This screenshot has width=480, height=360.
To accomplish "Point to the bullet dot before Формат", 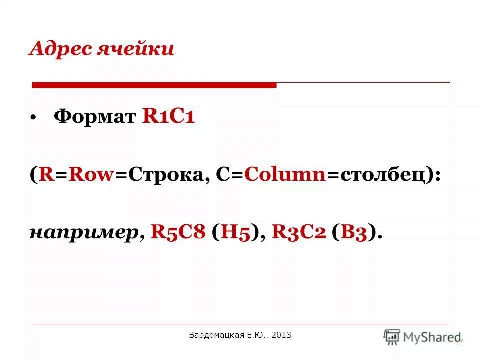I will point(33,118).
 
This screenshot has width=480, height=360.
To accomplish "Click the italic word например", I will point(83,232).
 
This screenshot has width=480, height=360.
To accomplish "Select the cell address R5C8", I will point(178,231).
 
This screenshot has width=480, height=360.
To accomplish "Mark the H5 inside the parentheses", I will point(238,231).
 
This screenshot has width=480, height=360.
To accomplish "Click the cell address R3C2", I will point(298,231).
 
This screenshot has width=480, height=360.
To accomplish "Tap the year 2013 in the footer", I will point(282,335).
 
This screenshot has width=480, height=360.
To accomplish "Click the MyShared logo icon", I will point(392,337).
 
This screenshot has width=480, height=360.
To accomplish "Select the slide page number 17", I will point(459,341).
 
